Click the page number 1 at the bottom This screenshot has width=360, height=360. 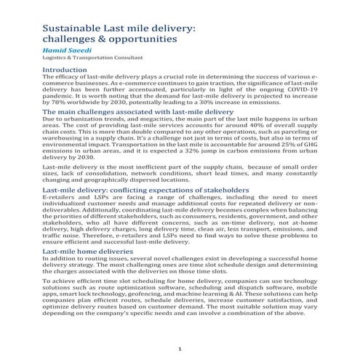click(x=180, y=350)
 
